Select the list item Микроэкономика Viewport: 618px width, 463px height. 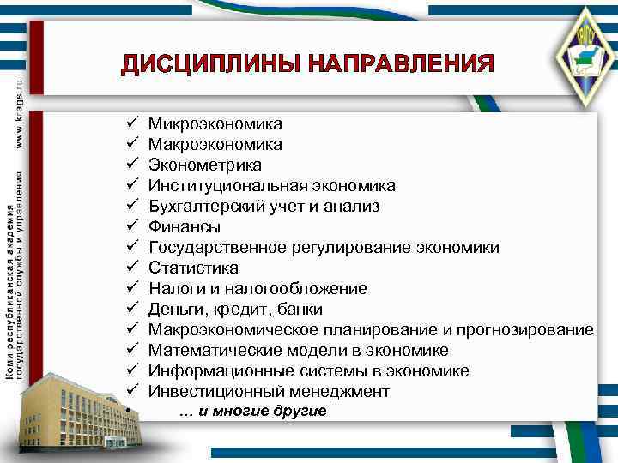point(215,124)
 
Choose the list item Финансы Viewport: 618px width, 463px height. point(184,227)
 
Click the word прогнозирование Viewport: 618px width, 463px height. point(524,330)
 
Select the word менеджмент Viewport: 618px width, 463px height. point(334,392)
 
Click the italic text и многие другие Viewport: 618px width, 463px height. point(253,412)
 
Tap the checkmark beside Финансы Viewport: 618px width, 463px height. point(132,226)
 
